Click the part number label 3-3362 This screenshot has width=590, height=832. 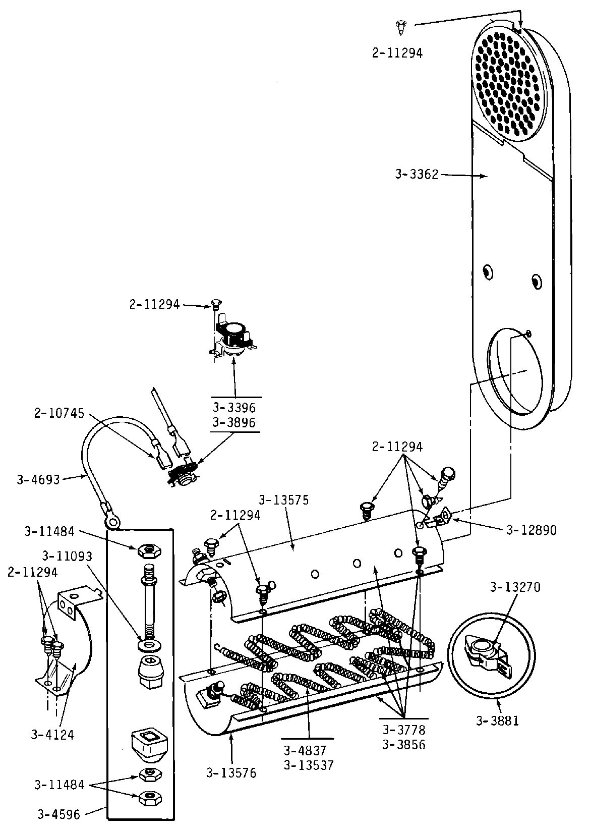[417, 175]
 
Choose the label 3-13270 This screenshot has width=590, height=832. [515, 587]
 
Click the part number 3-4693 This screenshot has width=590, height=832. [38, 479]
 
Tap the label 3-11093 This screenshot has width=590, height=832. [67, 556]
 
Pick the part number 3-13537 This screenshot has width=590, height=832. [309, 765]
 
